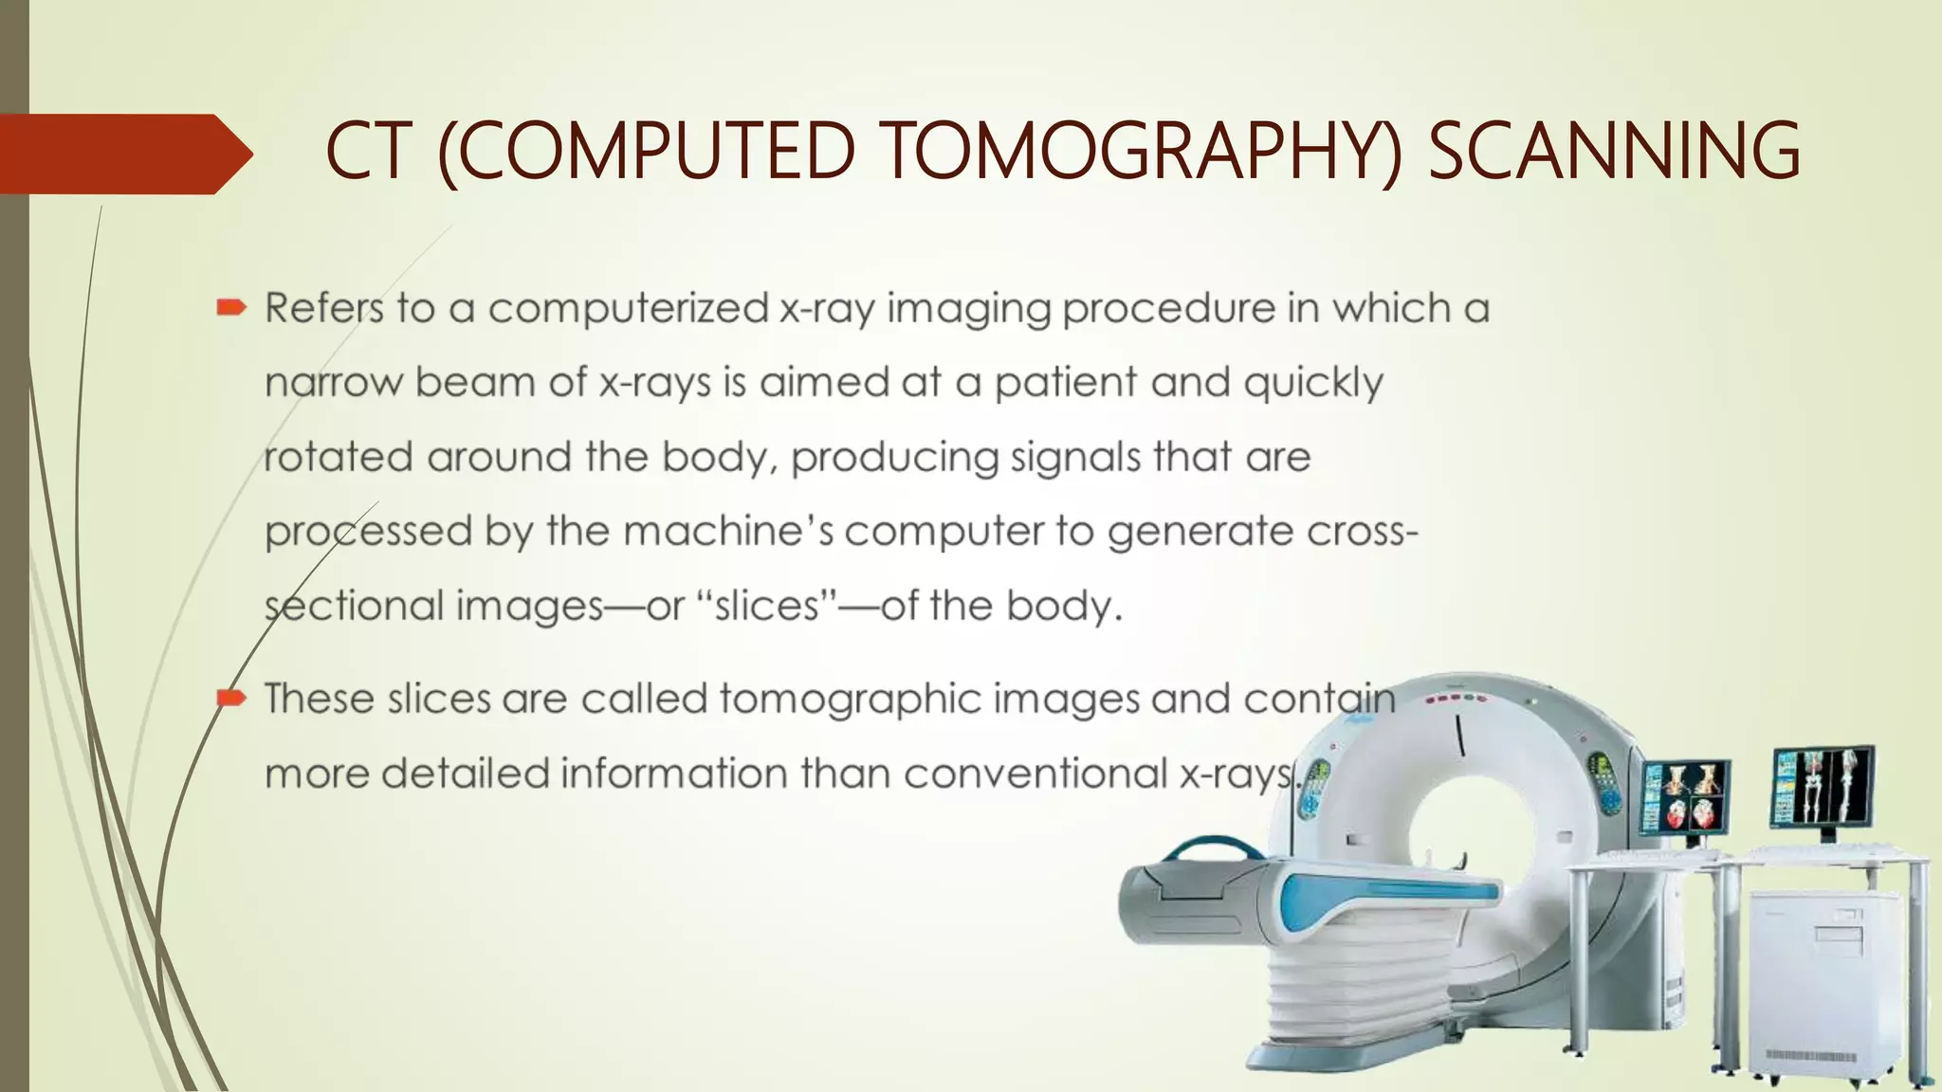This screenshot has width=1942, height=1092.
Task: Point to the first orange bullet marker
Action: point(231,307)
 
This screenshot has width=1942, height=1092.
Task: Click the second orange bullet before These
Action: point(231,700)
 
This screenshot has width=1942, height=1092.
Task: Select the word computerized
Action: point(628,308)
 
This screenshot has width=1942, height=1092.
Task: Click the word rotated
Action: point(338,457)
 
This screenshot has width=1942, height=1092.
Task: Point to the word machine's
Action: point(728,531)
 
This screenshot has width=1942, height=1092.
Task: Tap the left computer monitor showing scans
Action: point(1684,796)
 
